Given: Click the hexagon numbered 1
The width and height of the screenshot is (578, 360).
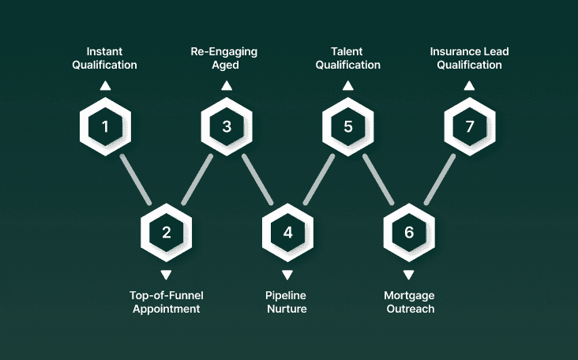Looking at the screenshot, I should click(x=105, y=126).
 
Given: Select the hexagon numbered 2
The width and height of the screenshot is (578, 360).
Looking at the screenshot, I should click(x=166, y=232).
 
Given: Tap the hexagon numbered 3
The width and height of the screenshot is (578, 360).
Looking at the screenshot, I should click(x=227, y=126).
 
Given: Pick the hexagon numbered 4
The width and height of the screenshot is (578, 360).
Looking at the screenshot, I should click(x=287, y=232).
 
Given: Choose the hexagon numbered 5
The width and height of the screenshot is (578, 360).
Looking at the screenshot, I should click(x=348, y=126).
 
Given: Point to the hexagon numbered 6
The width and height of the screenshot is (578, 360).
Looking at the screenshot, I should click(x=408, y=232).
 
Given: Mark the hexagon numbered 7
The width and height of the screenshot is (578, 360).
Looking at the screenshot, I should click(x=469, y=126).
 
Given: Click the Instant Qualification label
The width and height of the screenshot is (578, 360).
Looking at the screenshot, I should click(x=105, y=58).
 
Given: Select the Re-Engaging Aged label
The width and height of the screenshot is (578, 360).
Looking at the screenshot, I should click(x=223, y=58).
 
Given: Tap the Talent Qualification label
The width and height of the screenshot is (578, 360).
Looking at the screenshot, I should click(x=348, y=58).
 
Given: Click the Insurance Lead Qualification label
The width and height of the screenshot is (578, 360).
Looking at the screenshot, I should click(x=469, y=58).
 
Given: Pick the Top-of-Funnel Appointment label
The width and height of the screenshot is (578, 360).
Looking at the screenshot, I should click(x=165, y=302).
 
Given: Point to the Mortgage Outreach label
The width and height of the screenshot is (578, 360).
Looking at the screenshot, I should click(x=410, y=302).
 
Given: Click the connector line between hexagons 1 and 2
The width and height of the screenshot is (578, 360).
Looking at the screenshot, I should click(x=135, y=179).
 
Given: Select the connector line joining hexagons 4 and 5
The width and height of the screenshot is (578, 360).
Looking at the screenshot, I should click(x=318, y=179).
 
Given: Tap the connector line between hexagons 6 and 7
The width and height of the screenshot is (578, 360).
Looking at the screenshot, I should click(x=440, y=179).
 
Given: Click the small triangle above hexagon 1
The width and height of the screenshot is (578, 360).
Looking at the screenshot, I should click(x=105, y=85).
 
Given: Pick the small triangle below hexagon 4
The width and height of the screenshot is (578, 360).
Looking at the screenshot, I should click(x=287, y=275).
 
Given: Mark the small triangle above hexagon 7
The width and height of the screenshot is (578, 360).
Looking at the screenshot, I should click(x=469, y=85).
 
